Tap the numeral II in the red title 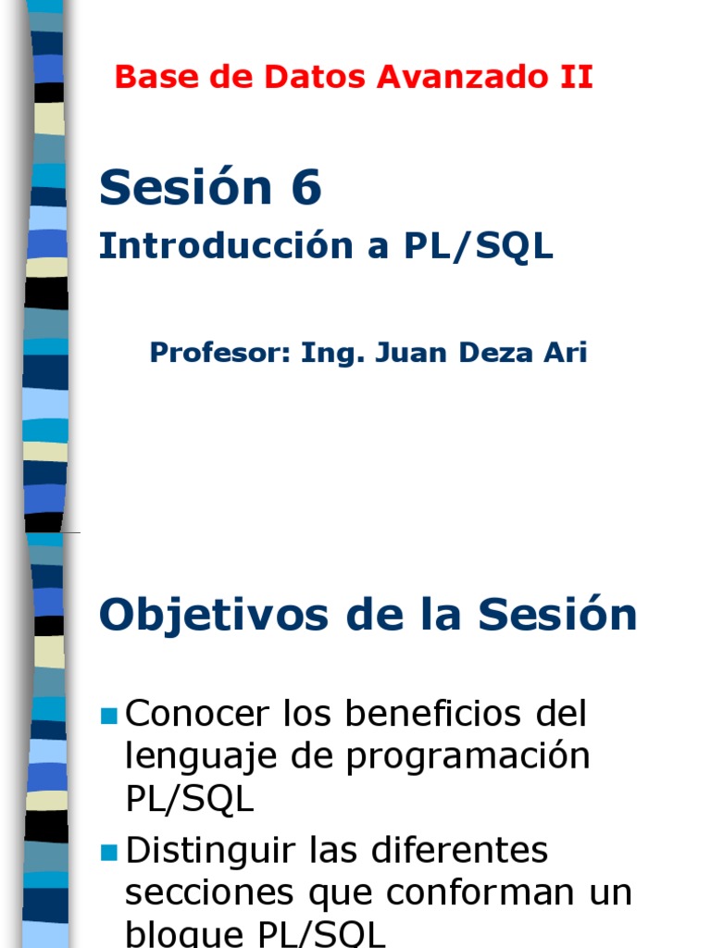click(573, 78)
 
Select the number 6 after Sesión click(305, 188)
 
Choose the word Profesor click(219, 353)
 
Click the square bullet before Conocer click(109, 716)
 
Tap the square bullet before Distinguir click(109, 851)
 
